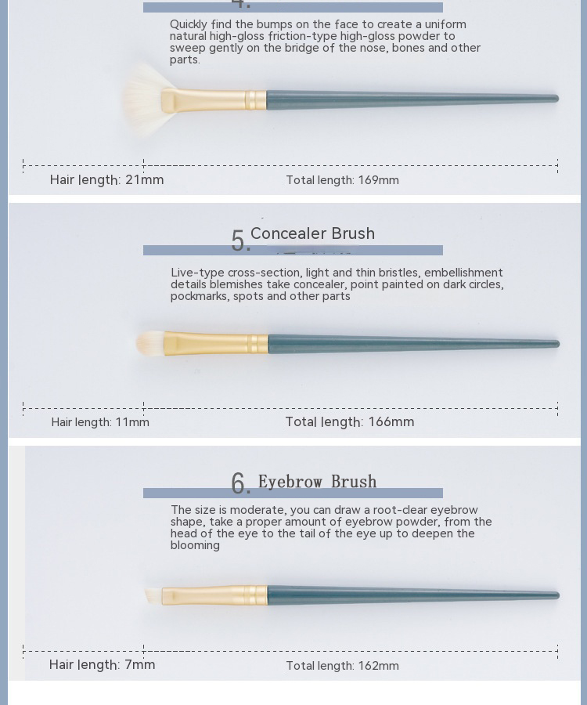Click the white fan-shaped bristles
point(145,99)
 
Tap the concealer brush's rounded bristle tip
point(150,343)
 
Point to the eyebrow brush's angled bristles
point(153,596)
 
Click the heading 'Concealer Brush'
point(312,233)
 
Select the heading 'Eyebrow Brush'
point(317,482)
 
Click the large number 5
point(238,241)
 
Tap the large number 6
point(239,484)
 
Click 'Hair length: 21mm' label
point(106,180)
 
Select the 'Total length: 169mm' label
point(342,180)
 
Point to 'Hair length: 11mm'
point(100,422)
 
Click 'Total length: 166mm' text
point(350,421)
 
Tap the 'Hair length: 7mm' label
point(102,664)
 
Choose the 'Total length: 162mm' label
point(342,665)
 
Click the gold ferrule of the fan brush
point(214,99)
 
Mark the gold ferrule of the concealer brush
point(216,344)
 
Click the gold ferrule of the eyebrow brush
point(214,595)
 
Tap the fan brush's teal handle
point(412,99)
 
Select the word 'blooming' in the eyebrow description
point(195,545)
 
